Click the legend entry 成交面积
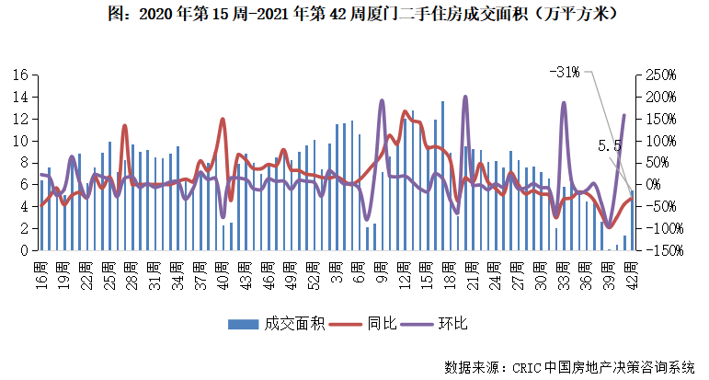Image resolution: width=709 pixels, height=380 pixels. [276, 323]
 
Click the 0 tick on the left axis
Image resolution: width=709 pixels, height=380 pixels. [26, 250]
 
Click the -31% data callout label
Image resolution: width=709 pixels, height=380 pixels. [563, 72]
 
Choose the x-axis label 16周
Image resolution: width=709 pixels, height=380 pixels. [41, 272]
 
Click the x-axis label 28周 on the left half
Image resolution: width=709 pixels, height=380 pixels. [132, 272]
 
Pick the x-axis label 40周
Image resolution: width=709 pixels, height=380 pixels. [223, 272]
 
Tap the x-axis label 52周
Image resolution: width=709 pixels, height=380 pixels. [313, 272]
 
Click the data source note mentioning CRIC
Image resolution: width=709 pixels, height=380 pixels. [570, 367]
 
